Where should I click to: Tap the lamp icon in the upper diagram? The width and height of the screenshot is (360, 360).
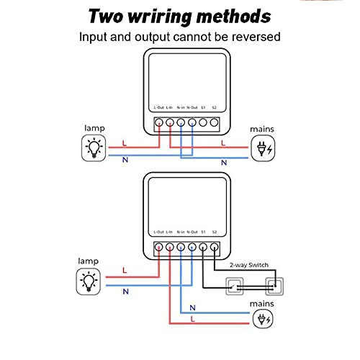(x=92, y=148)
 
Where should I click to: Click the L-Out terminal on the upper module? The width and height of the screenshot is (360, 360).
(x=159, y=122)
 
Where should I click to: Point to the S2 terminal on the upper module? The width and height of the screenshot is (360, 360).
(x=215, y=122)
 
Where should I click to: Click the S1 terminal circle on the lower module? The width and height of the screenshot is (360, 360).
(x=203, y=247)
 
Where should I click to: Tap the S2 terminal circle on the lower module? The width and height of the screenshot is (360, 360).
(x=215, y=247)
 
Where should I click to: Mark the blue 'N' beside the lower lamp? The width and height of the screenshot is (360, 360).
(x=125, y=291)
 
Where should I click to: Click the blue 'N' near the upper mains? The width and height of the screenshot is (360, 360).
(x=224, y=163)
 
